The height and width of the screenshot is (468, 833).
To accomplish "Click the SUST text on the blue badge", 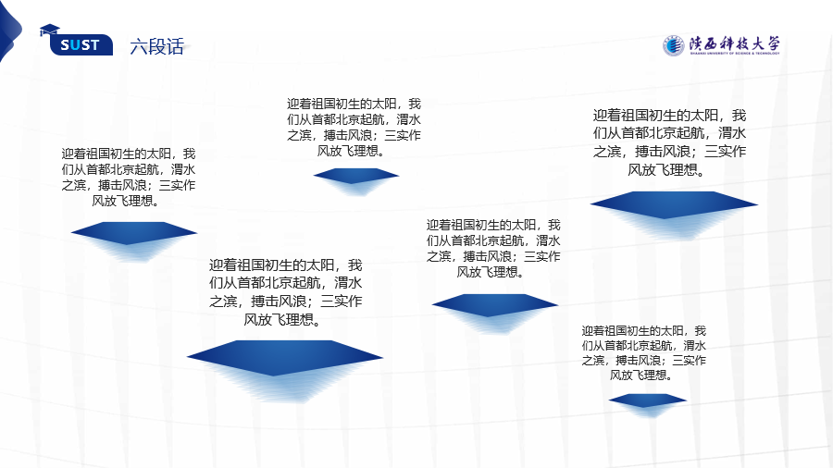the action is tap(80, 45).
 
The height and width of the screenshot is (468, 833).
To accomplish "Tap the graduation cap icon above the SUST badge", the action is tap(50, 31).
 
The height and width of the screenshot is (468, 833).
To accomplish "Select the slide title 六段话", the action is tap(156, 46).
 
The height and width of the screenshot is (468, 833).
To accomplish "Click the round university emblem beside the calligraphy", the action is tap(673, 45).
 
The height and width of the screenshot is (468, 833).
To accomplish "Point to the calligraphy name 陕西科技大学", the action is tap(735, 43).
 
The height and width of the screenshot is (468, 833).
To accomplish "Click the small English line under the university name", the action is tap(735, 54).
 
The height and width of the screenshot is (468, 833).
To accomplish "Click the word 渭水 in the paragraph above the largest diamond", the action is tap(348, 283).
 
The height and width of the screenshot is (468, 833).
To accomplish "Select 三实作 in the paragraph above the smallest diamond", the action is tap(689, 361).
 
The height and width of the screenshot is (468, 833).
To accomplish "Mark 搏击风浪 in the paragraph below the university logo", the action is tap(665, 152).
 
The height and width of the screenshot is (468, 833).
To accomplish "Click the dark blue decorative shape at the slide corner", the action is tap(9, 31).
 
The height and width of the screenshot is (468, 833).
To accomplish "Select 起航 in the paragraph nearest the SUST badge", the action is tap(146, 170).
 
